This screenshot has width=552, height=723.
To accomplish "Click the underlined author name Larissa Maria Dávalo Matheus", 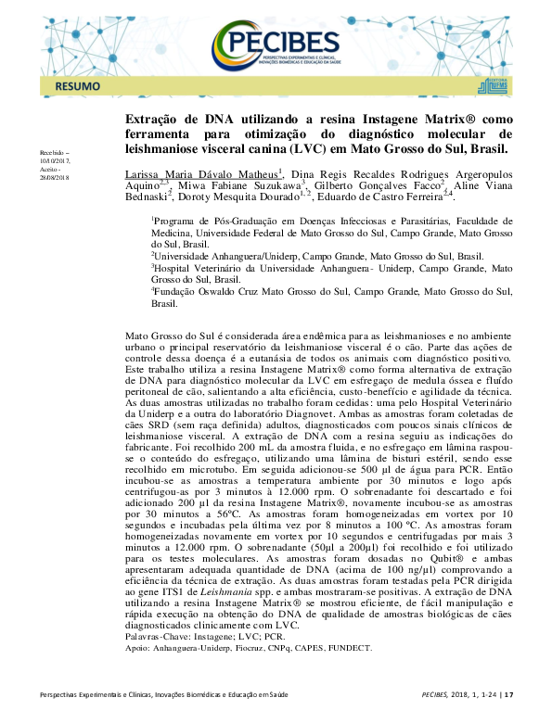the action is click(201, 173).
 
